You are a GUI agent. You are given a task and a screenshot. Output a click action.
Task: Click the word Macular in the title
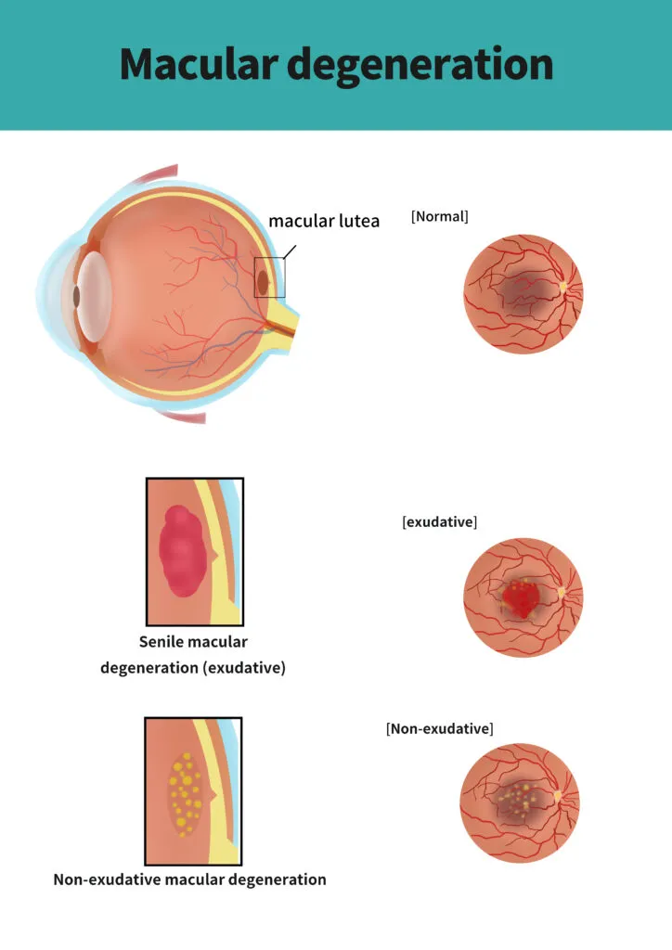[199, 64]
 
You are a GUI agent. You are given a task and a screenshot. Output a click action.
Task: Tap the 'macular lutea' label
[324, 221]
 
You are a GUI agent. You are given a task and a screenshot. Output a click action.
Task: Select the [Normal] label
[440, 216]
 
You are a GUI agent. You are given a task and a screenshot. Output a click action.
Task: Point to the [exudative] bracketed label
[440, 521]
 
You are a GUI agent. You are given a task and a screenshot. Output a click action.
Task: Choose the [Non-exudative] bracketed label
[440, 728]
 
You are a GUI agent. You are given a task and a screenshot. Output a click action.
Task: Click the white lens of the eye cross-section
[94, 296]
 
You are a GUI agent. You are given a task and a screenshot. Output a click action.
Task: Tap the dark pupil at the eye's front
[76, 296]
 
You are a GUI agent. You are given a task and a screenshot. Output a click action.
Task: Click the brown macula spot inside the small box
[263, 282]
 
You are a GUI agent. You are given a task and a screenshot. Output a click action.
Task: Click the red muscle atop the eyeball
[155, 174]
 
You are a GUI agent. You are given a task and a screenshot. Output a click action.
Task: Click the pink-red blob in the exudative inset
[183, 551]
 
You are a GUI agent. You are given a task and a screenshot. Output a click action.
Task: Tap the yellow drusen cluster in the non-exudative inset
[185, 794]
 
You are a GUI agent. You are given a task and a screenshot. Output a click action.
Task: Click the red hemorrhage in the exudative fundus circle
[520, 598]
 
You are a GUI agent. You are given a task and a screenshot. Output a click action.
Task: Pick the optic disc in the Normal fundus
[562, 288]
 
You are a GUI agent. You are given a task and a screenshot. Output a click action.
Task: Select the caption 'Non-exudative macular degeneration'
[189, 879]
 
